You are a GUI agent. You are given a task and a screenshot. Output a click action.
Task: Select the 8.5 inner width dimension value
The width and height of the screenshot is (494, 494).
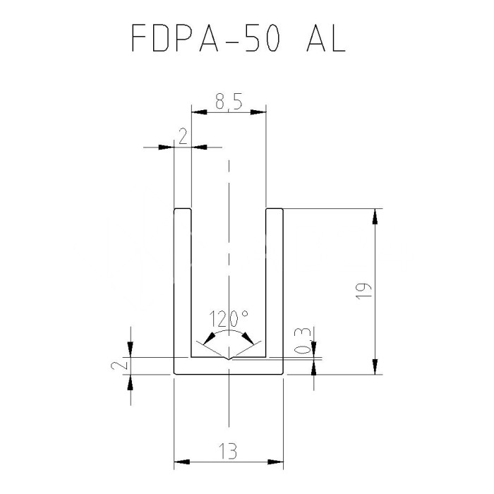point(229,103)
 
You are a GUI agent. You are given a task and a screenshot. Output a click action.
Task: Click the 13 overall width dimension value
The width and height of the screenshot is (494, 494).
point(229,449)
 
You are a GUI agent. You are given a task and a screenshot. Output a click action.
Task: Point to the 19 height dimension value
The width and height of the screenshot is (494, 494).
point(361,292)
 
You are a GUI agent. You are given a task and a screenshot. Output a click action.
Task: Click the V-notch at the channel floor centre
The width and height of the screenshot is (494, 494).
point(229,359)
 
